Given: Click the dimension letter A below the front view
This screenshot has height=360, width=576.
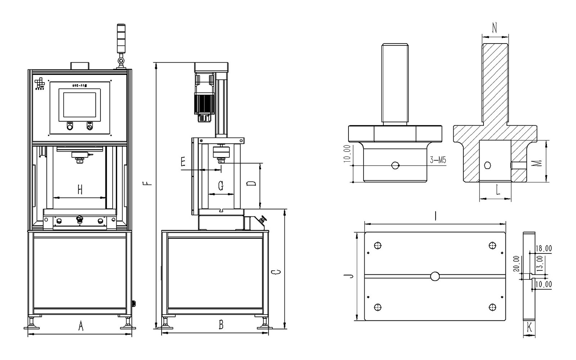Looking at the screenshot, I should [81, 327].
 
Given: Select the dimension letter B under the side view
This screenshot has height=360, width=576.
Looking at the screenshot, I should [221, 325].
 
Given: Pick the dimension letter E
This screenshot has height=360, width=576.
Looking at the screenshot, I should [183, 162].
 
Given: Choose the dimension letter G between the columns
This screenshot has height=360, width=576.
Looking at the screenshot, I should [221, 186].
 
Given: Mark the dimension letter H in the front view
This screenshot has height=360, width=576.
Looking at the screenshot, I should [80, 189].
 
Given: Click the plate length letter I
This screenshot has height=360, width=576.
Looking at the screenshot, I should [436, 216].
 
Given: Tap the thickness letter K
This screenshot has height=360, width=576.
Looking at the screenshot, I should [529, 327].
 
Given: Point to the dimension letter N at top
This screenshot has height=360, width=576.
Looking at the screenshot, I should [495, 28].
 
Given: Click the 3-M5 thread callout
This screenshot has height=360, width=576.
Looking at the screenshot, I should [438, 160].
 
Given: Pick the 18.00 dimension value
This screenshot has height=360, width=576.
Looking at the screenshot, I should [544, 248].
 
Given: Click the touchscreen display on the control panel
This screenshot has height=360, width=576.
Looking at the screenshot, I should [80, 105].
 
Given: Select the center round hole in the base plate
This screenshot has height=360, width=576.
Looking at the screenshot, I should [435, 276].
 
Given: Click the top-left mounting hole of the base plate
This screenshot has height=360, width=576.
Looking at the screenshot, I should [378, 246].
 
